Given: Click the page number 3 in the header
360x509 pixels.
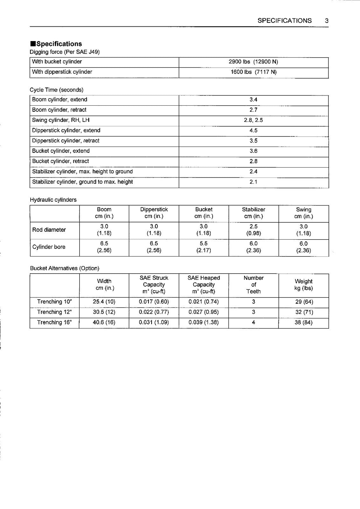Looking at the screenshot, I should click(327, 21).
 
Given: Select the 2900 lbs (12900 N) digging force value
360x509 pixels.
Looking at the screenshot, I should click(253, 62).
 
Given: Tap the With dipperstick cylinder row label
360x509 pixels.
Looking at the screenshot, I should click(62, 72).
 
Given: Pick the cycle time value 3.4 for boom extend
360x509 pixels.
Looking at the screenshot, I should click(253, 100).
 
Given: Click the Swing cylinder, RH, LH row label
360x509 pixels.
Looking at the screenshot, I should click(61, 120).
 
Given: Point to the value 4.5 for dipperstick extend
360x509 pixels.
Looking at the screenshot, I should click(253, 130).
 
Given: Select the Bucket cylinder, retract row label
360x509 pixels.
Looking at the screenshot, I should click(60, 161).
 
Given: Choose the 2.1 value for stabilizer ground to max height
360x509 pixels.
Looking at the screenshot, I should click(253, 182).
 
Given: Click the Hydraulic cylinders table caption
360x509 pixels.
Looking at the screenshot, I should click(53, 200).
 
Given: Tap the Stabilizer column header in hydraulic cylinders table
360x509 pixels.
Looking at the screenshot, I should click(253, 213).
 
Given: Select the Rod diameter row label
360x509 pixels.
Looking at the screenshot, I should click(49, 230).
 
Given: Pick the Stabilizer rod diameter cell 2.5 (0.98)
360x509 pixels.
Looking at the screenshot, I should click(253, 230).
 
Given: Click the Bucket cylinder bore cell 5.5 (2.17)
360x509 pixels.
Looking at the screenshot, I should click(204, 247).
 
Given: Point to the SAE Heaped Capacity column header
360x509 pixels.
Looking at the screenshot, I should click(204, 284).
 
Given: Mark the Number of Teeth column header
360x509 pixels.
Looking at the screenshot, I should click(253, 284).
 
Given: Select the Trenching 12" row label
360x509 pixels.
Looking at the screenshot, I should click(54, 312).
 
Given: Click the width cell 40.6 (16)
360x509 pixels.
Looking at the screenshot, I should click(104, 322).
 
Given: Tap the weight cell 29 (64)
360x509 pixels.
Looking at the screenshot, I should click(304, 302).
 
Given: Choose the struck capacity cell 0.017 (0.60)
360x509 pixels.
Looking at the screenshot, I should click(154, 302).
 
